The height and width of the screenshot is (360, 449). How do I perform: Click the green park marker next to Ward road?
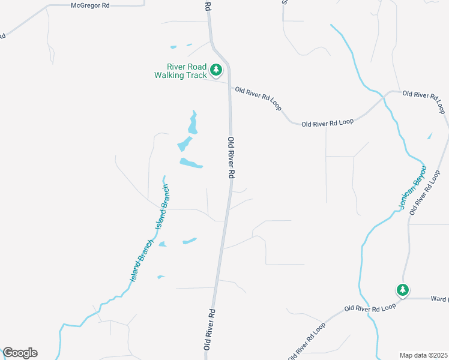pyautogui.click(x=403, y=290)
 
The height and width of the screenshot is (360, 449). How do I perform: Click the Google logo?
pyautogui.click(x=20, y=353)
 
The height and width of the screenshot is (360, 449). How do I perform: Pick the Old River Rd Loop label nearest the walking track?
pyautogui.click(x=259, y=97)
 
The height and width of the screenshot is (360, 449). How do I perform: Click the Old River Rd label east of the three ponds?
pyautogui.click(x=231, y=157)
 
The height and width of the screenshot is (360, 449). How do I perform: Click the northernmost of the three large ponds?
pyautogui.click(x=193, y=123)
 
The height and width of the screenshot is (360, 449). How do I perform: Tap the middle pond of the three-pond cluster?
pyautogui.click(x=184, y=144)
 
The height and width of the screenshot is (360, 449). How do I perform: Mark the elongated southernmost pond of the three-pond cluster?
pyautogui.click(x=191, y=163)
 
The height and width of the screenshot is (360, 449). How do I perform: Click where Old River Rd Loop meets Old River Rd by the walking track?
pyautogui.click(x=229, y=85)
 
